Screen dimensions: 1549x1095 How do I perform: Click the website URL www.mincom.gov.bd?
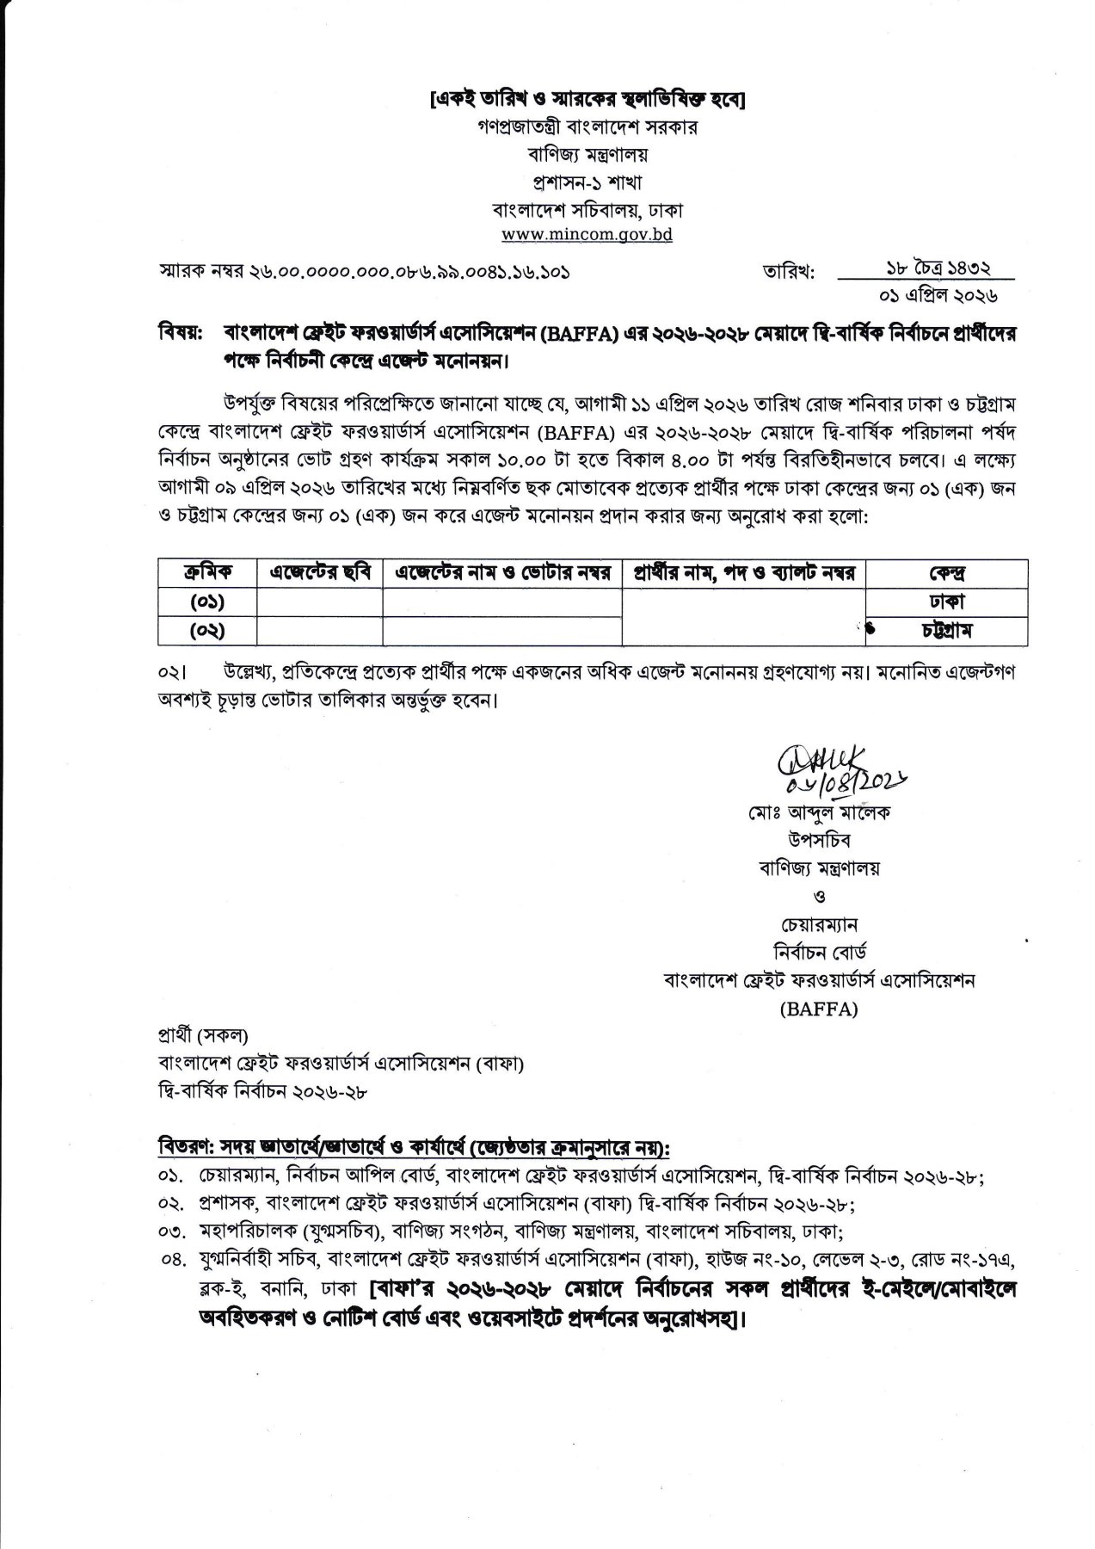(587, 234)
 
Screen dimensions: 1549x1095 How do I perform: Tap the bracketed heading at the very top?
(587, 101)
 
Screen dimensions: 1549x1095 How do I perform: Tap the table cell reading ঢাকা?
(946, 602)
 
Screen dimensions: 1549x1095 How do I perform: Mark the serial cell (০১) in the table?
(206, 602)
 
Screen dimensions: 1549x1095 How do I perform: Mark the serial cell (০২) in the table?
(206, 631)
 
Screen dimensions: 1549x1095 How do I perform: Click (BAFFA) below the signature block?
(819, 1010)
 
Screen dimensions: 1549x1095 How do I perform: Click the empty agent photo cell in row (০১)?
(320, 602)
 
